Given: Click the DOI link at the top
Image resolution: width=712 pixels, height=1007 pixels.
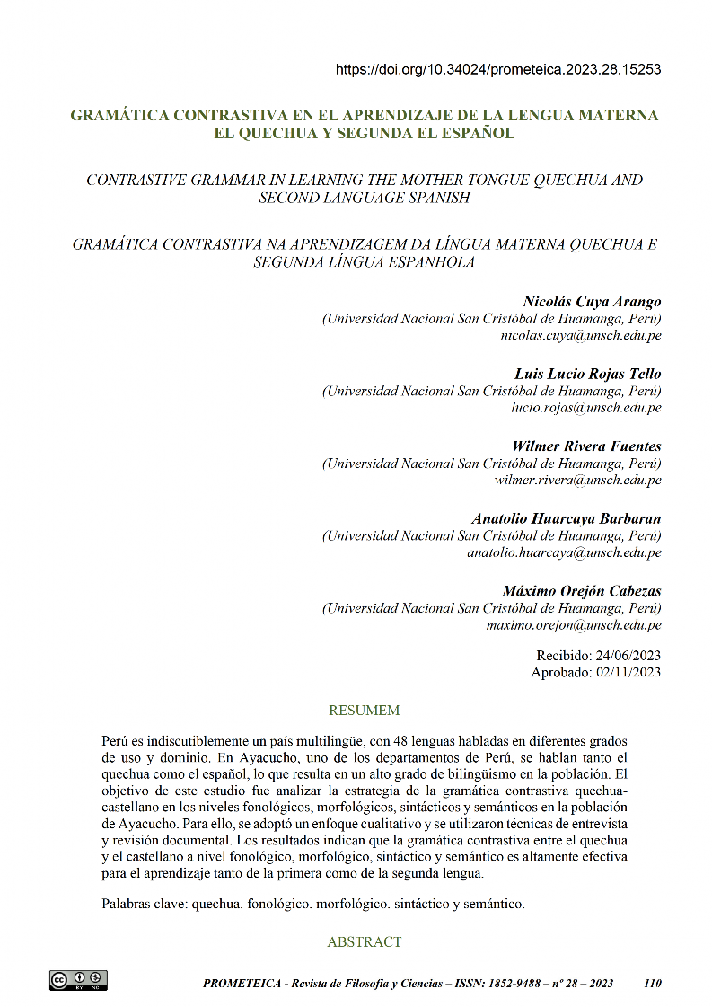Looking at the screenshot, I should pos(498,69).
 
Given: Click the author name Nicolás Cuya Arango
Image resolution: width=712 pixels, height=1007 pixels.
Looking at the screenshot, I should pos(592,301).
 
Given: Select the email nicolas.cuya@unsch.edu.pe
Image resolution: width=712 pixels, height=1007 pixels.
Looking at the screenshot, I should pos(581,335).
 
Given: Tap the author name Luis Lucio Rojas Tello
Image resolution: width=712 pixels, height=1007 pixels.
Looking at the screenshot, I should pos(587,373).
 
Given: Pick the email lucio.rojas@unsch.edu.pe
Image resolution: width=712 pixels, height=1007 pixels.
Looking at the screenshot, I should pos(585,407).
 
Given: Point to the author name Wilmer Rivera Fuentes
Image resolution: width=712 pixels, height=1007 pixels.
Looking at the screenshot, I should pos(586,446).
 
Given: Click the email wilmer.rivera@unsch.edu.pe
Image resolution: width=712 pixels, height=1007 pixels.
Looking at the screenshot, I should pos(577,480).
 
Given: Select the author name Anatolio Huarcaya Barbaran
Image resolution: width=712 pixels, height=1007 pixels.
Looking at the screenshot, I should pos(566,518).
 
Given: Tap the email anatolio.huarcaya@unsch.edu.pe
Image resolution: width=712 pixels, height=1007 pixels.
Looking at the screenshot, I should pos(564,552).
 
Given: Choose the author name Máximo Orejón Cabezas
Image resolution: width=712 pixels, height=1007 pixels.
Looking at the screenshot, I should pos(582,591).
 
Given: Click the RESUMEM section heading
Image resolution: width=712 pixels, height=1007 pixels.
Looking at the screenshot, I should pos(364,711).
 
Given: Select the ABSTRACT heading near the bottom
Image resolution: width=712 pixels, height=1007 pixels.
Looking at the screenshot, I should pos(364,942).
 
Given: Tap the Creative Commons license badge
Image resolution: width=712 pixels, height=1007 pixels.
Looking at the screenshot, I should pos(78,980).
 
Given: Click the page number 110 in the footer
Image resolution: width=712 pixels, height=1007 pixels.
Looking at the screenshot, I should pos(653,984).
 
